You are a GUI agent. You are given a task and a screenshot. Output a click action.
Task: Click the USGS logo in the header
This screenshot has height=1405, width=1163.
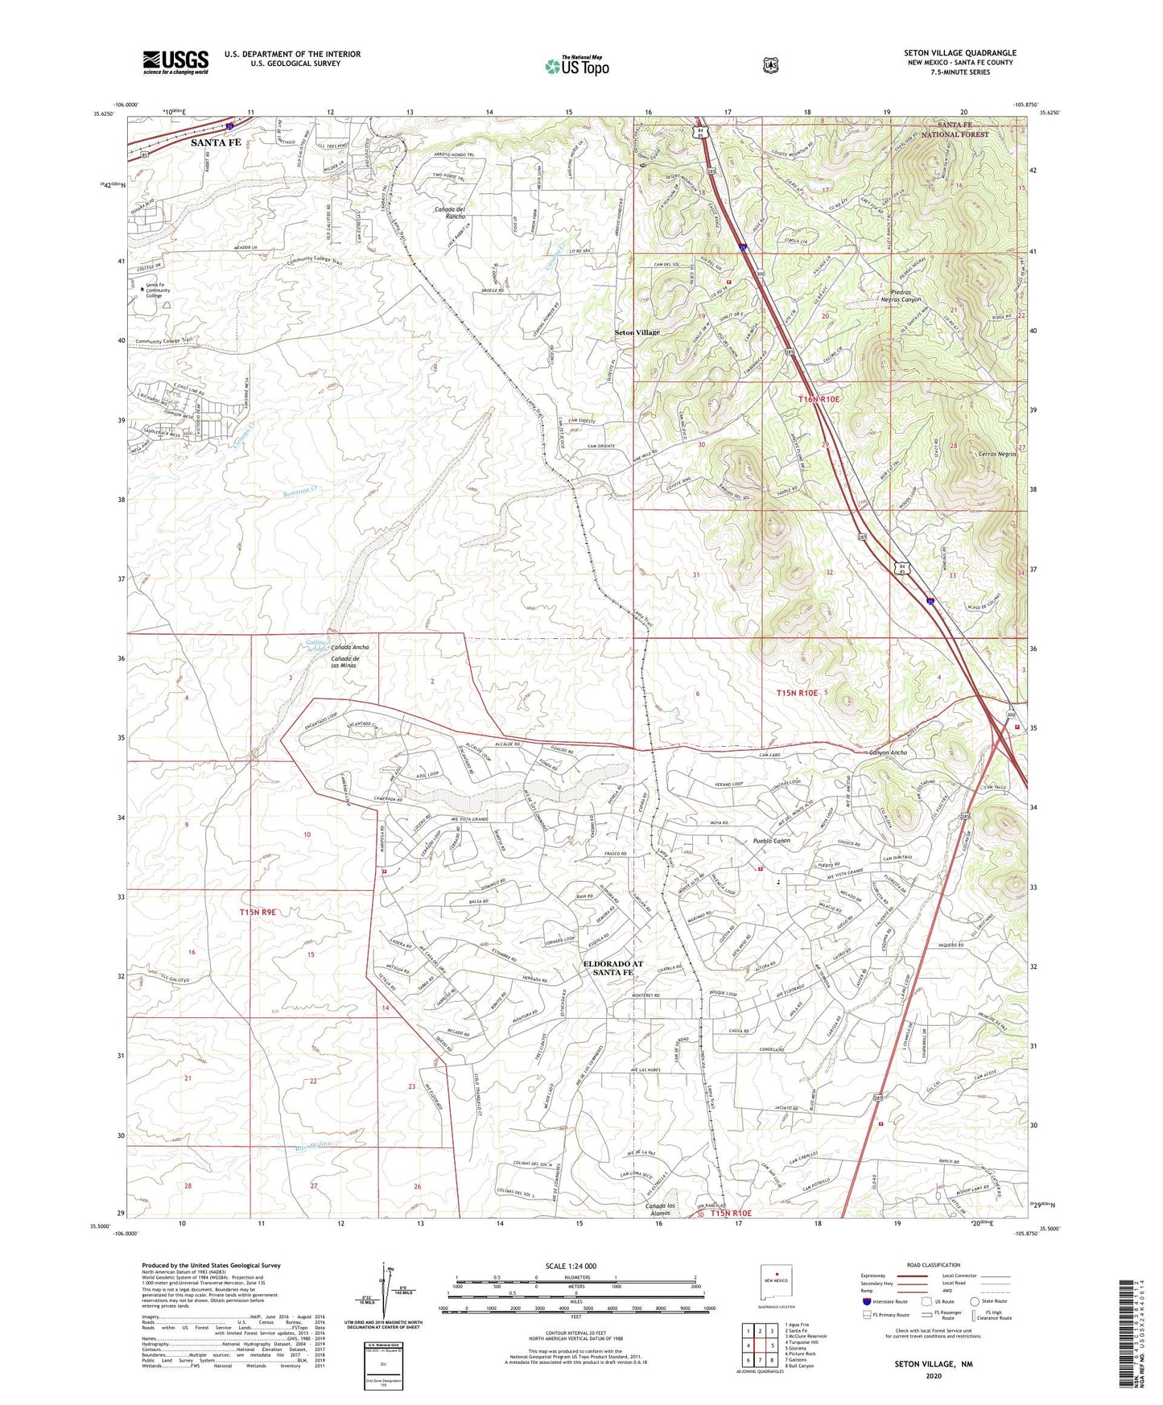(x=175, y=62)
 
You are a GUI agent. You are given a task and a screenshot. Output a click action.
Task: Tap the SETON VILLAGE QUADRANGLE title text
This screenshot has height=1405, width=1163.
(x=959, y=53)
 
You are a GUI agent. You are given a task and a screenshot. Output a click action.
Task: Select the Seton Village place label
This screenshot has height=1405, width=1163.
(x=637, y=332)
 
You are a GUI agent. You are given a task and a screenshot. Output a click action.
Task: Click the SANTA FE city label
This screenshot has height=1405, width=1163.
(x=216, y=142)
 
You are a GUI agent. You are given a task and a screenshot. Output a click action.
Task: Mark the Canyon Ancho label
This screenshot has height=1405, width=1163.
(x=888, y=752)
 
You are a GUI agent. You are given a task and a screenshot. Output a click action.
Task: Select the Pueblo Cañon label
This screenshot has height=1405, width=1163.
(x=771, y=841)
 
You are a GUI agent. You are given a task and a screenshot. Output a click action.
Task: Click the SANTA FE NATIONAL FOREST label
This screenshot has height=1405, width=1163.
(x=963, y=130)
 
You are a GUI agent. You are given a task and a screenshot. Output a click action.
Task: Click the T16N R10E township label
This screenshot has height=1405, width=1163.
(x=819, y=399)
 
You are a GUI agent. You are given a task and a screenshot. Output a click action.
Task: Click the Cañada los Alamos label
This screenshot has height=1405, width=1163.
(x=658, y=1208)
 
